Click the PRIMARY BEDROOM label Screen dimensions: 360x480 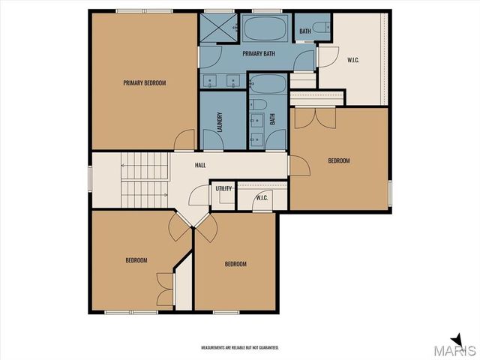click(x=144, y=82)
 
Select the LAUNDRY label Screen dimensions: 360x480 click(x=220, y=122)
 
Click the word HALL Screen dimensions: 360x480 click(x=200, y=165)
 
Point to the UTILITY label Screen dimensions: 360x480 click(x=223, y=188)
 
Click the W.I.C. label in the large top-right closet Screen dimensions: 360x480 click(x=354, y=60)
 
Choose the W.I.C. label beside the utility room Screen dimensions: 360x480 click(x=262, y=198)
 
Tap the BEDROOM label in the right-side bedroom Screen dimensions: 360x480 click(x=338, y=160)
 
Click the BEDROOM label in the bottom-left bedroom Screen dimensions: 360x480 click(x=136, y=260)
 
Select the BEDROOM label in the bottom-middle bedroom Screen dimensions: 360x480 click(x=235, y=264)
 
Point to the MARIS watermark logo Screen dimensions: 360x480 click(x=457, y=348)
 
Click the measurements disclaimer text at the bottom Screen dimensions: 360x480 click(x=240, y=347)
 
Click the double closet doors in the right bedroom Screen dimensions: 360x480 click(x=314, y=118)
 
